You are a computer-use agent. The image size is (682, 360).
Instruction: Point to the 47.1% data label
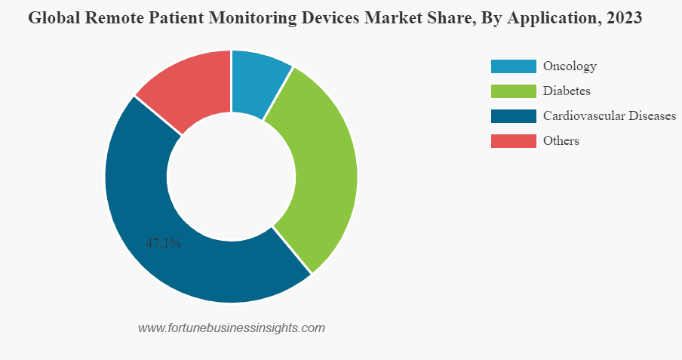tap(163, 243)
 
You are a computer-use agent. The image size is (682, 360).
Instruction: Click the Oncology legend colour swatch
tap(513, 66)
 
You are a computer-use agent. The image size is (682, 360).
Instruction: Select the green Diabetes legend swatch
tap(513, 91)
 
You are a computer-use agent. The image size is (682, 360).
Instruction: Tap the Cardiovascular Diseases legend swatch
tap(513, 116)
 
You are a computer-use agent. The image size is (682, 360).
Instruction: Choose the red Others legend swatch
tap(513, 141)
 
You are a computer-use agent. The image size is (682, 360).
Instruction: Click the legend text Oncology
tap(570, 66)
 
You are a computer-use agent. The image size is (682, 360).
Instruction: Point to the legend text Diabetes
tap(567, 91)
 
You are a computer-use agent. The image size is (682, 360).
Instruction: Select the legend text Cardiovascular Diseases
tap(609, 116)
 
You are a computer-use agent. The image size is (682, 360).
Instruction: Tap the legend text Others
tap(561, 141)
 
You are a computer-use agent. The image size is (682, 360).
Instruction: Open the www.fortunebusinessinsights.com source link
tap(232, 328)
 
